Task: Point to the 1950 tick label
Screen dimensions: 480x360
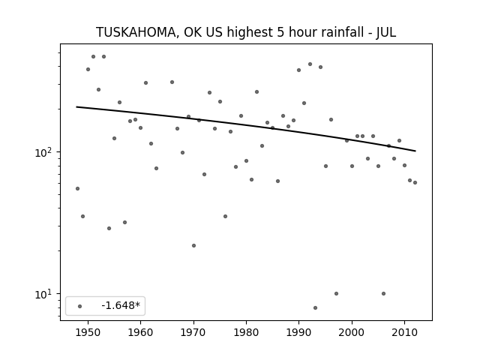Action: point(88,332)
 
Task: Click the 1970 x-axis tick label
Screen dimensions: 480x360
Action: point(193,332)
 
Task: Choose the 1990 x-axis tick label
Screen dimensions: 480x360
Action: point(298,332)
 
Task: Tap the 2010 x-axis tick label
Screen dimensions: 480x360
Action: point(404,332)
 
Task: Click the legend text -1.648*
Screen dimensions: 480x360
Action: point(121,305)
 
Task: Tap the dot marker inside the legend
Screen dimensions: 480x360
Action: point(80,306)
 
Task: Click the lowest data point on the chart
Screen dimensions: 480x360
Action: point(315,307)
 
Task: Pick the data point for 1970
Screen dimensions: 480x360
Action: point(193,245)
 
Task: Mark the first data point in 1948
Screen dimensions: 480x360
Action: point(77,188)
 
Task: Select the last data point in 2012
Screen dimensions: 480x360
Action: point(415,183)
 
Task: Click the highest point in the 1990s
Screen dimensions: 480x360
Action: point(310,64)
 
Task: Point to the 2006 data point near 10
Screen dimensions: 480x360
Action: point(383,293)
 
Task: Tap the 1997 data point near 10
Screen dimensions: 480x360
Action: point(336,293)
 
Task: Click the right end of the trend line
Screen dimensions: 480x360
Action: point(415,151)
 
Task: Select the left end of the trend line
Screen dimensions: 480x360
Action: point(76,106)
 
